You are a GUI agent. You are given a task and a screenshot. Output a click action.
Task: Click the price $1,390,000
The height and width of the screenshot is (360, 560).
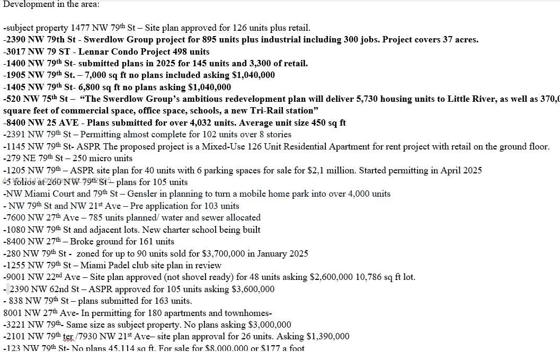[x=328, y=337]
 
